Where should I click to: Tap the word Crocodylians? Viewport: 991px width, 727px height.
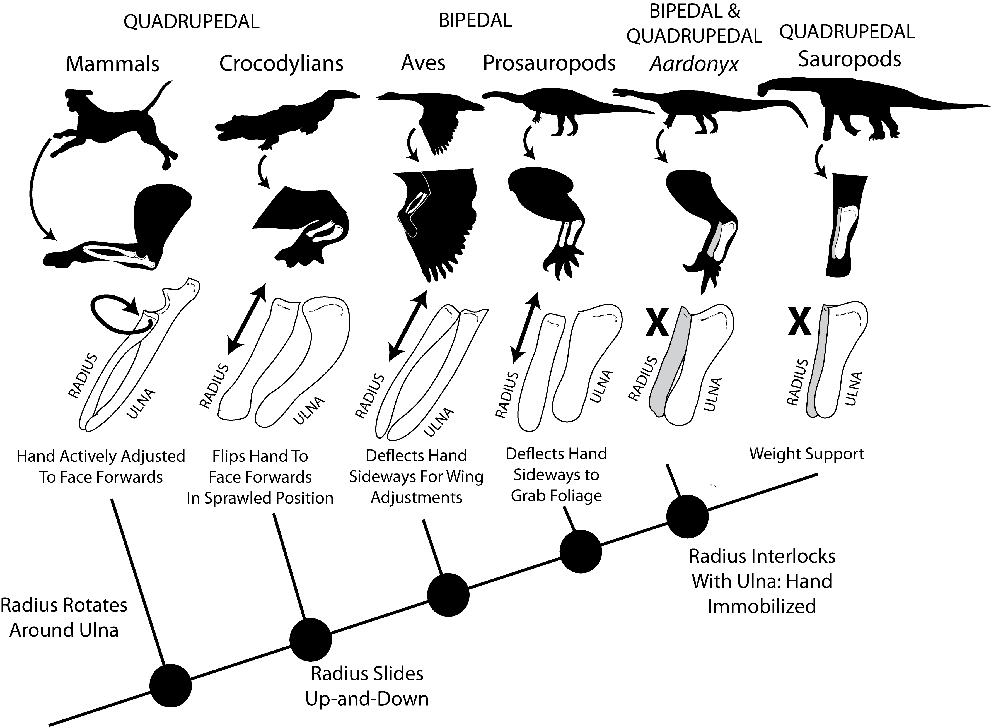coord(281,64)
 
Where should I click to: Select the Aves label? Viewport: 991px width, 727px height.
coord(423,63)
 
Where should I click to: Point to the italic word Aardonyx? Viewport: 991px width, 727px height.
coord(694,65)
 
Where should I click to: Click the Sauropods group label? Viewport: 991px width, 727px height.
coord(849,59)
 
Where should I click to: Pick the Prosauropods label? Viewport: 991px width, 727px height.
coord(549,63)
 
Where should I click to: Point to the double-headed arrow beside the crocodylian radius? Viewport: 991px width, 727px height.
coord(247,319)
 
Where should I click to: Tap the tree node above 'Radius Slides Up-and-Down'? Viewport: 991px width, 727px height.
coord(310,639)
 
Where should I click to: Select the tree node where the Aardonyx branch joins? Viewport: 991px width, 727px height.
coord(687,516)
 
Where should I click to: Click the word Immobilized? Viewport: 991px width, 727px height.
coord(762,606)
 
